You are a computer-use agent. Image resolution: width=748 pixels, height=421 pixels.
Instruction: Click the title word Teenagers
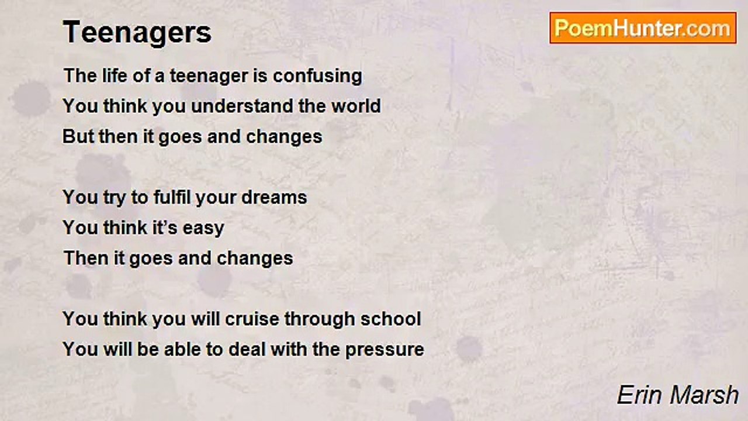(x=137, y=32)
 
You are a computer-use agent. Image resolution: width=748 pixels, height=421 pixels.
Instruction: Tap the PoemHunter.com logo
(x=643, y=28)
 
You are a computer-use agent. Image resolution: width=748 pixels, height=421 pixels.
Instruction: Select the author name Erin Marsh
(x=678, y=395)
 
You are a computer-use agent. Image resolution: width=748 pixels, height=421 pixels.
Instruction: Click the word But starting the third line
(x=76, y=137)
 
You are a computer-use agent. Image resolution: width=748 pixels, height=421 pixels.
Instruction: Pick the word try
(x=115, y=198)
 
